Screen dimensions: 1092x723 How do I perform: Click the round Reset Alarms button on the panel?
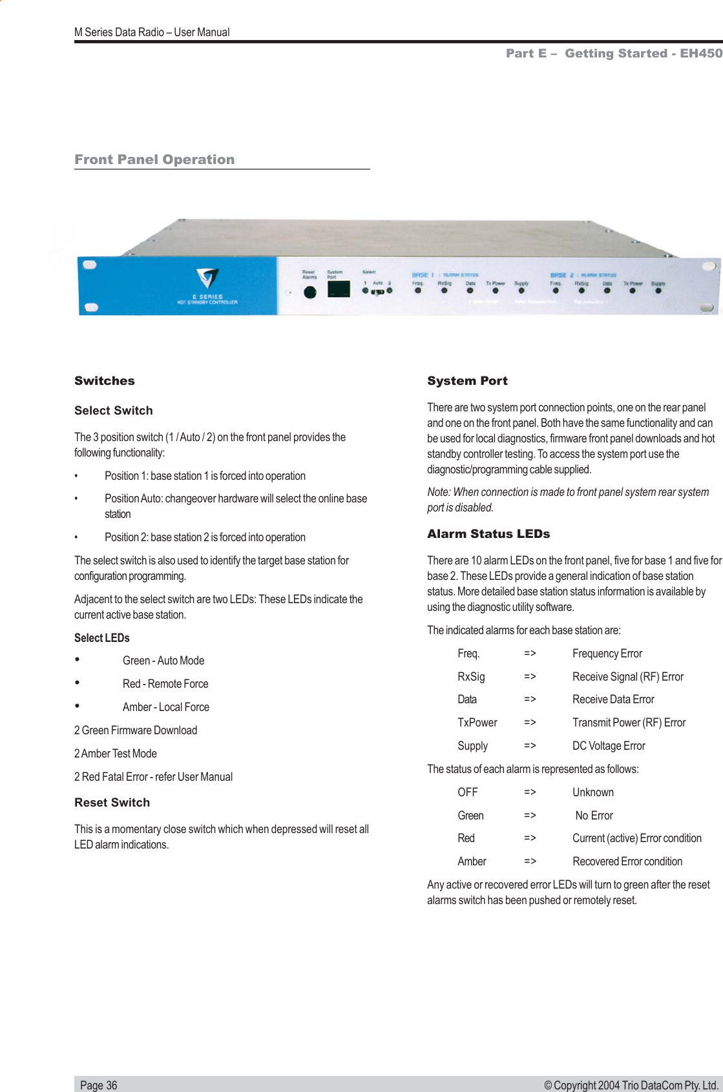pyautogui.click(x=310, y=292)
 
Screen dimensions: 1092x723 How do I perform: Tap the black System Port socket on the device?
pyautogui.click(x=339, y=289)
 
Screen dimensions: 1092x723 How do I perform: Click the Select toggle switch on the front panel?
pyautogui.click(x=377, y=292)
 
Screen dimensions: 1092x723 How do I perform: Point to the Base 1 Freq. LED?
pyautogui.click(x=418, y=291)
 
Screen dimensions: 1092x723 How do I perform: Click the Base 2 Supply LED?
pyautogui.click(x=658, y=291)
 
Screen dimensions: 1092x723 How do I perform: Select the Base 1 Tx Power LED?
pyautogui.click(x=496, y=291)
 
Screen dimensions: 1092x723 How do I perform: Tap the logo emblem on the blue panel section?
pyautogui.click(x=207, y=278)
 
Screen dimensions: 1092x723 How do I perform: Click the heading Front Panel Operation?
pyautogui.click(x=154, y=160)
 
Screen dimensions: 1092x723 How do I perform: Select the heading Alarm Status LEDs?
pyautogui.click(x=488, y=534)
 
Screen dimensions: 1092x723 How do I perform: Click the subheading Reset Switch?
pyautogui.click(x=112, y=803)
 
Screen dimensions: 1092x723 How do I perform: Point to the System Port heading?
pyautogui.click(x=467, y=381)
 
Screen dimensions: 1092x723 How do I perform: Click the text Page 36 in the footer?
pyautogui.click(x=99, y=1085)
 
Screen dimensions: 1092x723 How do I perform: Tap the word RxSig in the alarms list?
pyautogui.click(x=471, y=677)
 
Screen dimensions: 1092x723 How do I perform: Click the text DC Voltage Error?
pyautogui.click(x=609, y=746)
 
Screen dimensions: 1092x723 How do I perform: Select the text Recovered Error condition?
pyautogui.click(x=627, y=861)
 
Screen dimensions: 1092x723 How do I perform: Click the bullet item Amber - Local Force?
pyautogui.click(x=166, y=707)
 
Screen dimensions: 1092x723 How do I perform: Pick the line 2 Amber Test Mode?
pyautogui.click(x=116, y=754)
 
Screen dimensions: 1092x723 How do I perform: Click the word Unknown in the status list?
pyautogui.click(x=592, y=792)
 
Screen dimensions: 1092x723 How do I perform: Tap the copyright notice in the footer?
pyautogui.click(x=631, y=1085)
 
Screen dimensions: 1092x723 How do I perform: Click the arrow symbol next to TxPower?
pyautogui.click(x=530, y=723)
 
